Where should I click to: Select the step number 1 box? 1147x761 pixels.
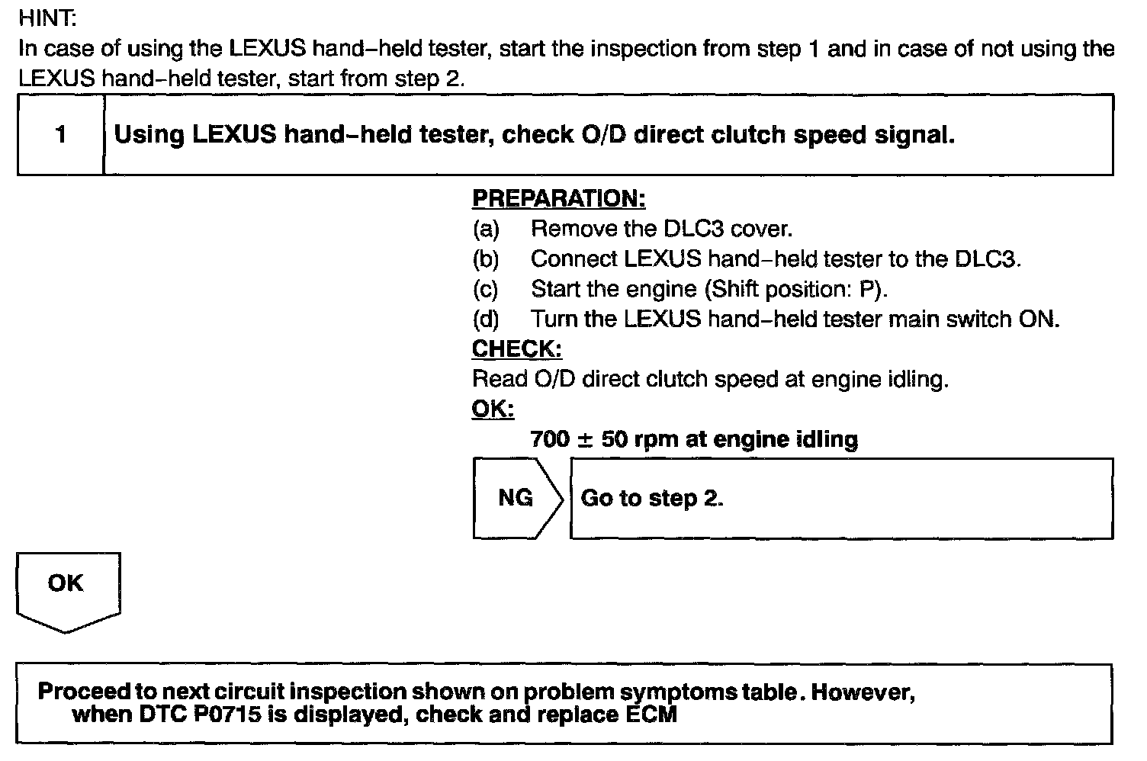tap(60, 135)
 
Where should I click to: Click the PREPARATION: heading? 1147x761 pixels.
tap(558, 198)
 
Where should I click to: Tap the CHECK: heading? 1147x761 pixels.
tap(516, 348)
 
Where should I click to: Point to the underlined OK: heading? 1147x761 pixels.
tap(493, 409)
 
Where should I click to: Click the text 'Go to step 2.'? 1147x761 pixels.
tap(651, 498)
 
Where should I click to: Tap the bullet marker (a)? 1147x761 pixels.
tap(486, 229)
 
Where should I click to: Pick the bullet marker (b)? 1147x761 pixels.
tap(486, 259)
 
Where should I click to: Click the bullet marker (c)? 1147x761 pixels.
tap(486, 289)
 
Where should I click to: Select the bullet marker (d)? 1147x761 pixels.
tap(486, 319)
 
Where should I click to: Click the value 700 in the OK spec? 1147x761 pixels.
tap(549, 439)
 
